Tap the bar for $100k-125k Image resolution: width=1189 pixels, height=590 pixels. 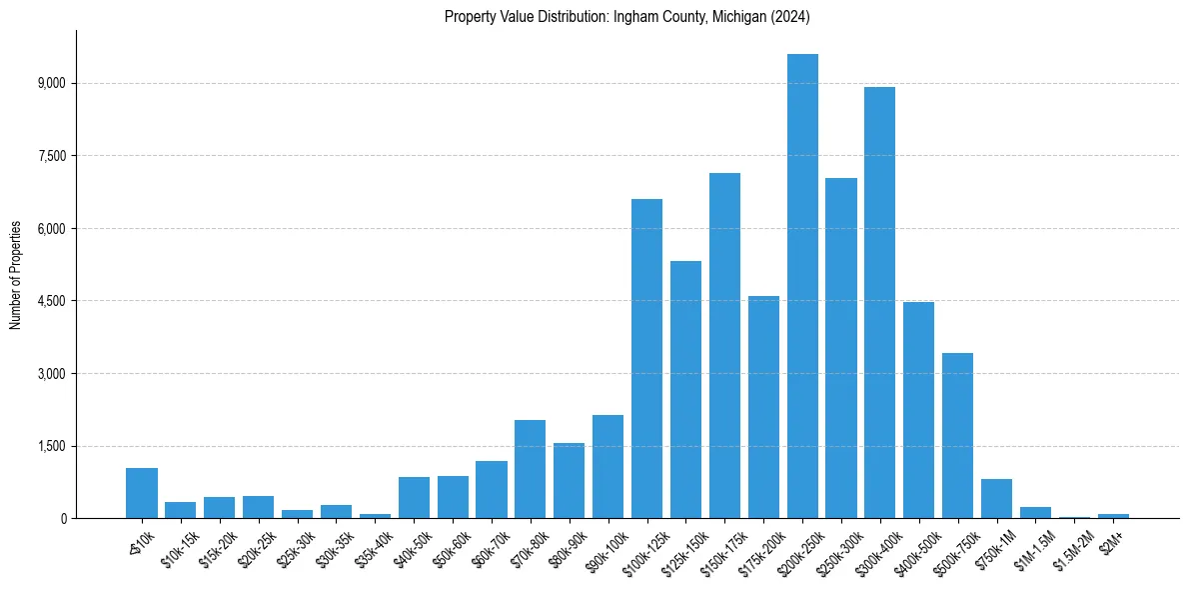coord(646,359)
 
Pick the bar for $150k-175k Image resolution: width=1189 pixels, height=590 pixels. coord(724,346)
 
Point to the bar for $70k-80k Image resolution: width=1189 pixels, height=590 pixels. coord(530,469)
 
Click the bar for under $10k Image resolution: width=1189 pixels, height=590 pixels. coord(142,493)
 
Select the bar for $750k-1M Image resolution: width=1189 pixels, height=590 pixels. coord(996,498)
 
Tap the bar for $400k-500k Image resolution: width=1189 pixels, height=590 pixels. coord(918,410)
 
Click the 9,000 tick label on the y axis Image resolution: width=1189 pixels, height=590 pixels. coord(50,83)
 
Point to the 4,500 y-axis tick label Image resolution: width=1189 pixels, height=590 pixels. coord(50,301)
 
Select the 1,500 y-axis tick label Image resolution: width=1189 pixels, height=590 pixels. coord(50,446)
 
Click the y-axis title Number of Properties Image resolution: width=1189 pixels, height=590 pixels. coord(16,274)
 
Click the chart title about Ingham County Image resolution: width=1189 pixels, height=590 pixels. coord(626,17)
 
